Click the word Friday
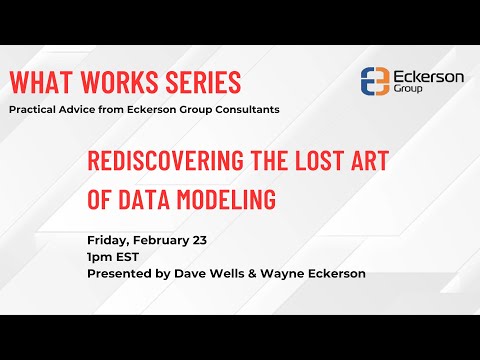pyautogui.click(x=107, y=242)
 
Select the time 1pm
pyautogui.click(x=101, y=258)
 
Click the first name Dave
pyautogui.click(x=186, y=274)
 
